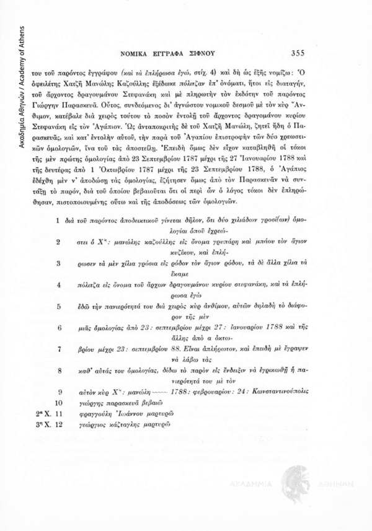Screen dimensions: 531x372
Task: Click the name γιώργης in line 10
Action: pos(84,402)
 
